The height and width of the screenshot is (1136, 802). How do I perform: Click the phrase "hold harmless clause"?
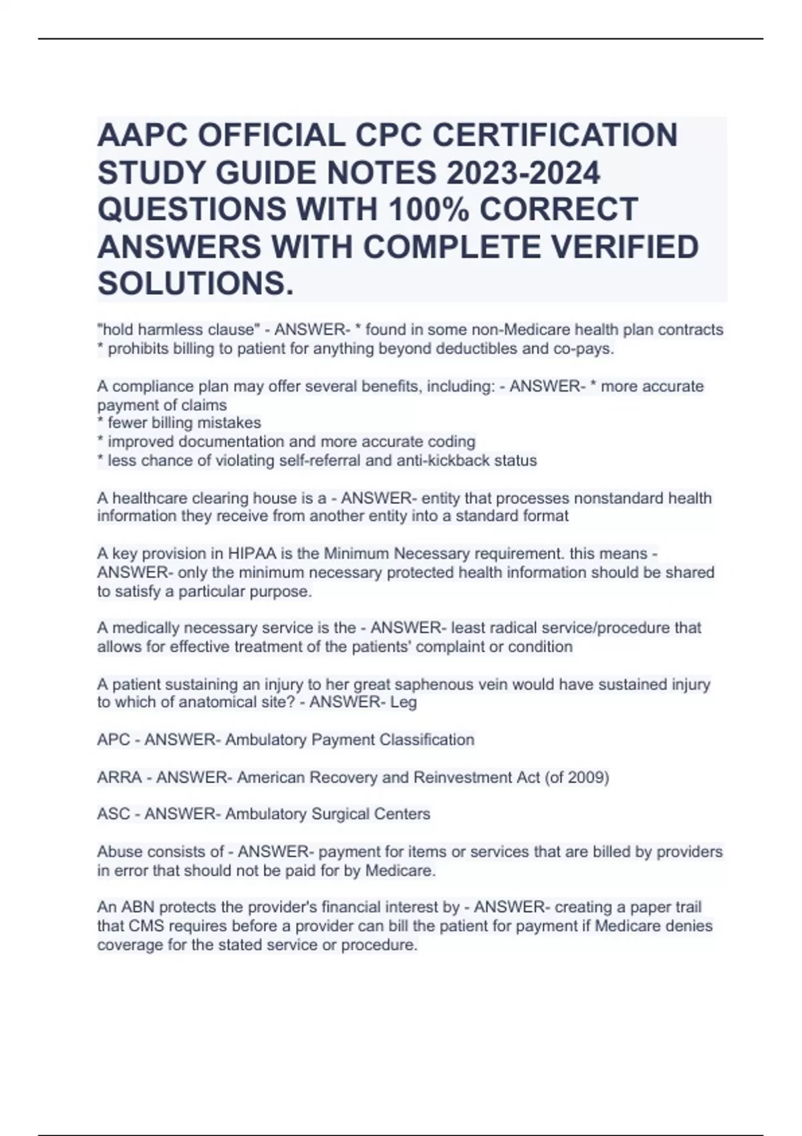178,329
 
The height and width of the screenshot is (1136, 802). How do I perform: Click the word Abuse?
118,851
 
